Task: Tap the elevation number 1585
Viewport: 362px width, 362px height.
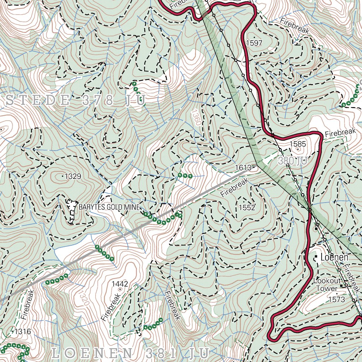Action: tap(297, 144)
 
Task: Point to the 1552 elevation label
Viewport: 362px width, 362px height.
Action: tap(247, 208)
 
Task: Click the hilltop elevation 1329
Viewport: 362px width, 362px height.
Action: tap(73, 176)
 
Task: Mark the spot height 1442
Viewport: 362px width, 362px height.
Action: tap(119, 284)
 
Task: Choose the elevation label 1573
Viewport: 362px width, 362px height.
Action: tap(336, 300)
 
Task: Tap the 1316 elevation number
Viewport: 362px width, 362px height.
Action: tap(23, 332)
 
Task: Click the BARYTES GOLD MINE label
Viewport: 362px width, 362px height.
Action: tap(109, 207)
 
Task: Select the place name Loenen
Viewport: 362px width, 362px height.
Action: tap(334, 257)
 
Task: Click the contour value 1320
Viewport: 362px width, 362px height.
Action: tap(83, 298)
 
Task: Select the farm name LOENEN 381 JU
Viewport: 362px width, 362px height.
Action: tap(131, 352)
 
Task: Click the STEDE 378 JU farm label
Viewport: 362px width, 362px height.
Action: tap(76, 100)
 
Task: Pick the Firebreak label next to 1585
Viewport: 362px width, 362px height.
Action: tap(340, 133)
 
